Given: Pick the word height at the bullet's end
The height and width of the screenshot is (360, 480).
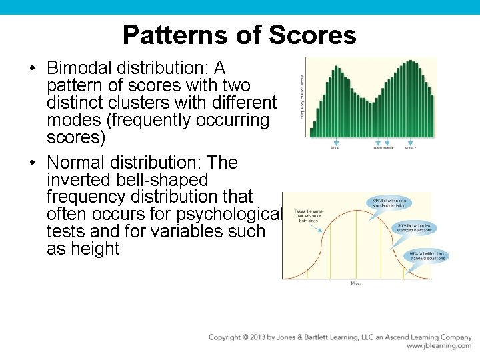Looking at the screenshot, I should click(x=92, y=249).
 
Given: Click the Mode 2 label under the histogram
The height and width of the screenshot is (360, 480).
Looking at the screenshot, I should click(x=411, y=148).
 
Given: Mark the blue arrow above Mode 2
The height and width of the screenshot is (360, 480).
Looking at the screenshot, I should click(x=411, y=142).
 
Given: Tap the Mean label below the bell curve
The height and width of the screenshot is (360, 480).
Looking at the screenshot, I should click(x=357, y=283).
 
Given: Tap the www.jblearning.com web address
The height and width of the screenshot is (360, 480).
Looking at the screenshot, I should click(x=438, y=347).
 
